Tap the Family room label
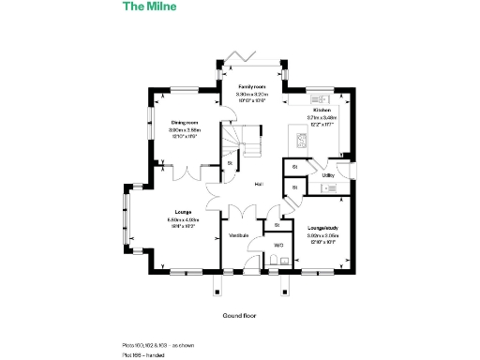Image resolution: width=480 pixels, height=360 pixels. [250, 86]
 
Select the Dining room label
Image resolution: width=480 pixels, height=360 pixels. [184, 123]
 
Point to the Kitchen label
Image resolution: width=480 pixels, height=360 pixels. [322, 110]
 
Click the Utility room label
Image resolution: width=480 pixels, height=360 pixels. [327, 175]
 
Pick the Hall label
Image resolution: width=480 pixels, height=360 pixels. [258, 184]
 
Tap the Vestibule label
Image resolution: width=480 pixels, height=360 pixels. [239, 234]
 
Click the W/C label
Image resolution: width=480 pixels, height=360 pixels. [277, 245]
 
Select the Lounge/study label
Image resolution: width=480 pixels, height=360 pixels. [322, 228]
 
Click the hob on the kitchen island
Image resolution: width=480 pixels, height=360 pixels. [302, 142]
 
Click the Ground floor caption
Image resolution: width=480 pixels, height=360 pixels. [238, 315]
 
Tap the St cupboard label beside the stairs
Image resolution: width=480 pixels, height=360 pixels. [230, 164]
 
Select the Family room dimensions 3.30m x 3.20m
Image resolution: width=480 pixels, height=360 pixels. [250, 94]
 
